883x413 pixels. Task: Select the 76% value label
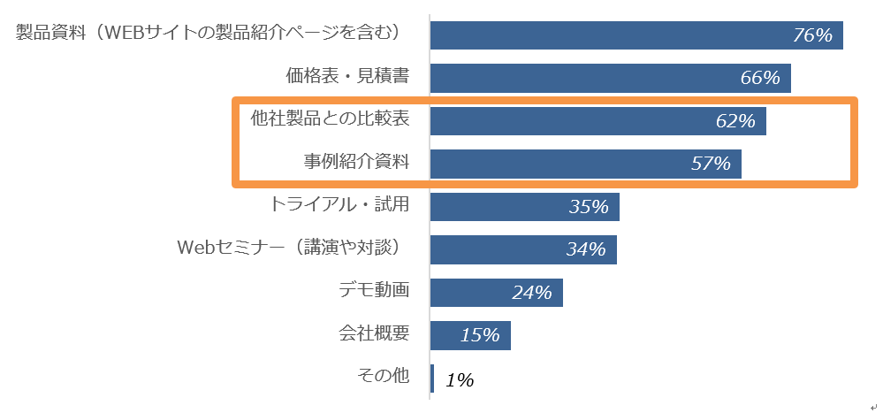point(813,35)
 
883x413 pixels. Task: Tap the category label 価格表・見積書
point(347,77)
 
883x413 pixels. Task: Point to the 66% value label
point(760,78)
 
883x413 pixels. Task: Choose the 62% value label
point(735,121)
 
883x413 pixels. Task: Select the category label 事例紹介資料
point(357,162)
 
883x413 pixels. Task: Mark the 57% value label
point(711,164)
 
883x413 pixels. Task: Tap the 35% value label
point(589,207)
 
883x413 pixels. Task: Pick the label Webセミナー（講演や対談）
point(291,248)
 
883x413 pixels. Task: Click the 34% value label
point(586,249)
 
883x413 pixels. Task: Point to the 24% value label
point(532,293)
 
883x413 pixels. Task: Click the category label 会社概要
point(375,333)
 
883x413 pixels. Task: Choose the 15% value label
point(480,335)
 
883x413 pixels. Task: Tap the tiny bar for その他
point(432,378)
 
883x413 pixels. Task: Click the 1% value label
point(460,380)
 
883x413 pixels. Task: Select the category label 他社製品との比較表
point(330,118)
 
